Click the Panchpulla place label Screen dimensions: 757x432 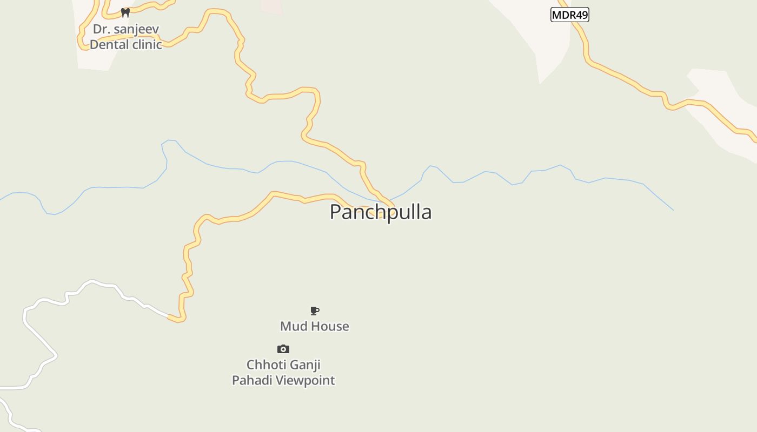point(381,212)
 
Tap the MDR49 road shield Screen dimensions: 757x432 point(569,15)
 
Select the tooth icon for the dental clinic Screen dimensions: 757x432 point(125,12)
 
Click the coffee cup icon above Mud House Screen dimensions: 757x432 point(315,310)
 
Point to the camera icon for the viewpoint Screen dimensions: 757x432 point(283,349)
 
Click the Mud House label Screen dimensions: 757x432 point(314,326)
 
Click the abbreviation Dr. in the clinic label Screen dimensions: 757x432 point(101,29)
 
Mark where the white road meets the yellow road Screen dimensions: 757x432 point(169,316)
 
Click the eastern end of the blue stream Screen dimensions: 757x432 point(673,210)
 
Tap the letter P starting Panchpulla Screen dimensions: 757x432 point(336,212)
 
